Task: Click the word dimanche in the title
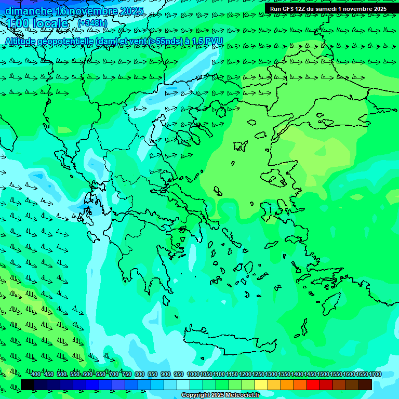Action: point(29,11)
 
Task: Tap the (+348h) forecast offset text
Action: point(92,23)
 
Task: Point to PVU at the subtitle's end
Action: point(214,41)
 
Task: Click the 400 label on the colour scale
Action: point(36,375)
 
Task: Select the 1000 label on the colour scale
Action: point(193,375)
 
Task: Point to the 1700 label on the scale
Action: point(375,375)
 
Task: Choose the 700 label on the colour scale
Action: point(114,375)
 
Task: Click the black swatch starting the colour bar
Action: point(28,384)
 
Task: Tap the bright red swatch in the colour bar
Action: point(313,384)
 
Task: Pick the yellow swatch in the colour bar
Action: point(261,384)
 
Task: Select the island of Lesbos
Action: point(276,177)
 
